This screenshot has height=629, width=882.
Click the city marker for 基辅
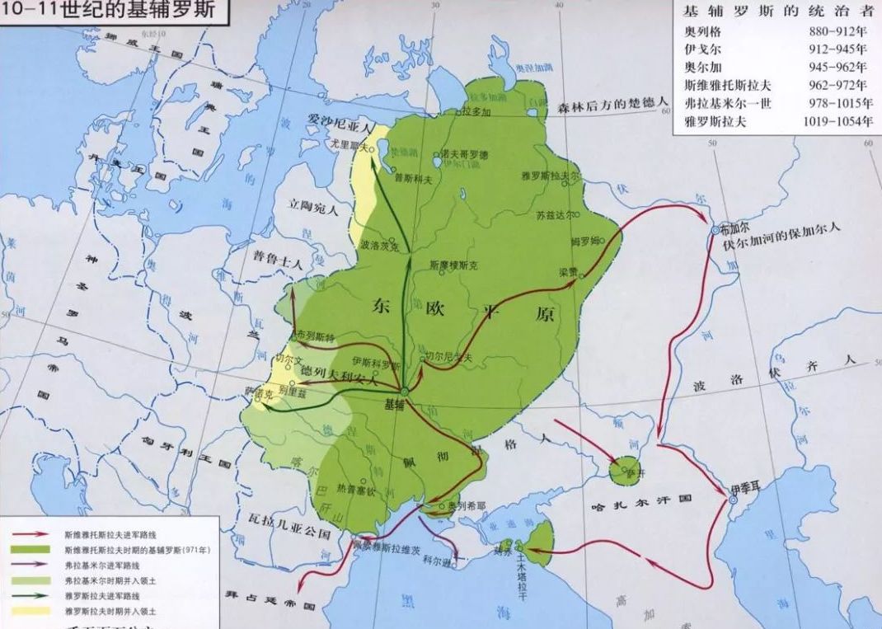pos(405,391)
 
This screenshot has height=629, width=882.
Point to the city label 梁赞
pos(568,270)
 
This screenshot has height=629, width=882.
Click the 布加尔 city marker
pos(715,232)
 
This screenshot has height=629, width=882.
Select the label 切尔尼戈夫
pos(449,357)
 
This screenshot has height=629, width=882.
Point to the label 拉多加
pos(477,110)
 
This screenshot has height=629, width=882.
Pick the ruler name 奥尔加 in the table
pos(702,67)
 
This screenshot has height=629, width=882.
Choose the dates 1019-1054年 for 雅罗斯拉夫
pos(837,121)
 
